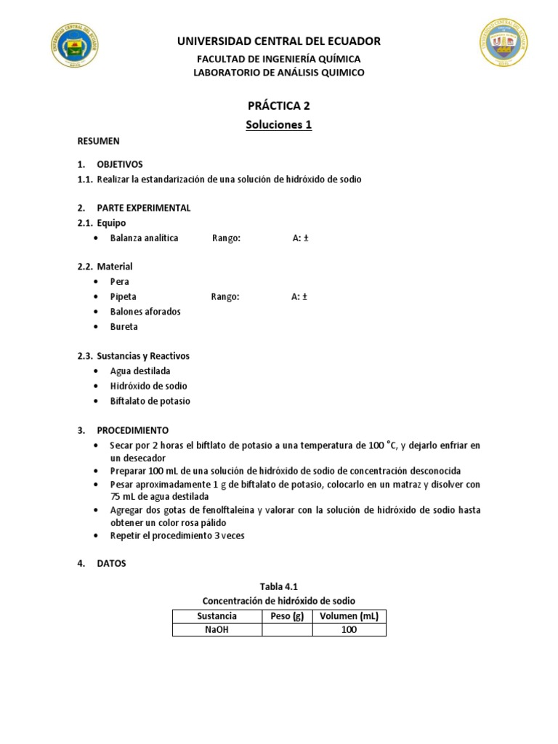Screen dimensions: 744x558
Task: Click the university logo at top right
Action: (504, 44)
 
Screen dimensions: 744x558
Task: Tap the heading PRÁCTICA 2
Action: (278, 105)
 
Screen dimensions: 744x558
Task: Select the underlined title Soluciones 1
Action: (278, 125)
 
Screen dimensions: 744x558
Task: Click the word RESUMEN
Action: (99, 141)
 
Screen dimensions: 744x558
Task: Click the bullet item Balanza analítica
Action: (144, 238)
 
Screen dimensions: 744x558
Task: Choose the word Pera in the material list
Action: (119, 282)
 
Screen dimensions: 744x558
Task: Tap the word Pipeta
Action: (123, 296)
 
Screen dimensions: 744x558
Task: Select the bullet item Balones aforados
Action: (145, 312)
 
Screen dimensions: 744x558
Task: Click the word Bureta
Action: (124, 327)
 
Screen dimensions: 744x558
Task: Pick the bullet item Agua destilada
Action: (140, 371)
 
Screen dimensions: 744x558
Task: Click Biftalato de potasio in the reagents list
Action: (150, 401)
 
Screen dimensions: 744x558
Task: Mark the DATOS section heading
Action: (111, 563)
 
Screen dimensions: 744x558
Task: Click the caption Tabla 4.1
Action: (279, 586)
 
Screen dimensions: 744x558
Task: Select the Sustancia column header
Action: (217, 617)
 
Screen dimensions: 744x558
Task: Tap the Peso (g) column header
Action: (287, 617)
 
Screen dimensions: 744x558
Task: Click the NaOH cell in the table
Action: (217, 630)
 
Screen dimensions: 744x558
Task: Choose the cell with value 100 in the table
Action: (349, 630)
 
